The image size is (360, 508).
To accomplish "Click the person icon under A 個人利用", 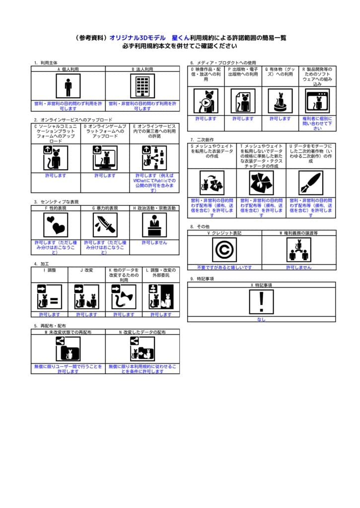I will click(x=68, y=86).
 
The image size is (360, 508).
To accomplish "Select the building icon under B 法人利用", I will click(x=143, y=86).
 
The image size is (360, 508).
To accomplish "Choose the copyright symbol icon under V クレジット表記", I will click(x=224, y=250).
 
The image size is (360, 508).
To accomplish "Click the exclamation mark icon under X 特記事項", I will click(x=261, y=302).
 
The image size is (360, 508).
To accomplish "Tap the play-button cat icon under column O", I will click(x=206, y=101).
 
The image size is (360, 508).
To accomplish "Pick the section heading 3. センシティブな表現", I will click(x=56, y=202).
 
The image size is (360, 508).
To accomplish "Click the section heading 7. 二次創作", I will click(x=202, y=140).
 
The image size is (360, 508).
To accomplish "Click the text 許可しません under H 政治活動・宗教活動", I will click(x=154, y=243).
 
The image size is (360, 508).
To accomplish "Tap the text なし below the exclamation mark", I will click(x=261, y=319).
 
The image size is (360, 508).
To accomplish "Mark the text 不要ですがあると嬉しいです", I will click(x=224, y=267).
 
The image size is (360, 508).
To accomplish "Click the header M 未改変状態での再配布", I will click(x=68, y=331).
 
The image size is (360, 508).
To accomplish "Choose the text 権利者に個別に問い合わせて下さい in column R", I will click(x=317, y=124).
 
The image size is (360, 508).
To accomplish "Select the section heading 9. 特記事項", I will click(x=202, y=279).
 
